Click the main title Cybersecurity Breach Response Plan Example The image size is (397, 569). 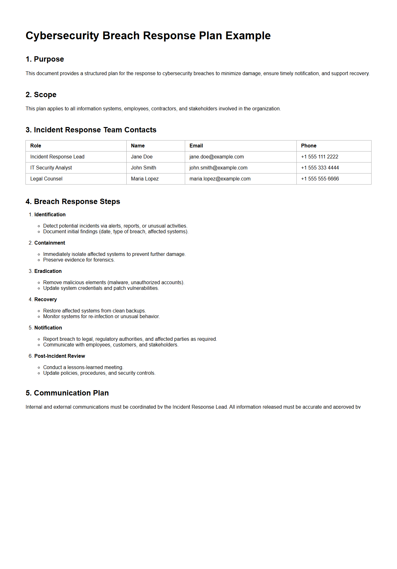(148, 36)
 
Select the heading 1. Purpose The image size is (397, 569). (45, 59)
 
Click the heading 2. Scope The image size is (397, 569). (41, 95)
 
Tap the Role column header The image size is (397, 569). (36, 146)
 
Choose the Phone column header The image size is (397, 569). (308, 146)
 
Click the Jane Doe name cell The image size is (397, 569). (141, 157)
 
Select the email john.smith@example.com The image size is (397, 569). (218, 168)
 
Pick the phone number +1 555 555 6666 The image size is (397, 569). (320, 179)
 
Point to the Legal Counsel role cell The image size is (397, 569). (46, 179)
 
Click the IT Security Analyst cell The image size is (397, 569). (51, 168)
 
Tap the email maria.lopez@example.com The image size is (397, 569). (220, 179)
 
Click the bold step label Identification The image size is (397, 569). (50, 215)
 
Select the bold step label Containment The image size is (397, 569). (50, 243)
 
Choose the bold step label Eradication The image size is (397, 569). (48, 271)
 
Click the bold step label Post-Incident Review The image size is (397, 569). (59, 356)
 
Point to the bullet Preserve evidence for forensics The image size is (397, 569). (79, 260)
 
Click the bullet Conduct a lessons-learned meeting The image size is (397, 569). (83, 367)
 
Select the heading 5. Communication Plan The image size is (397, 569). (67, 393)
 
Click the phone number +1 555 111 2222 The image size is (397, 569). (319, 157)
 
